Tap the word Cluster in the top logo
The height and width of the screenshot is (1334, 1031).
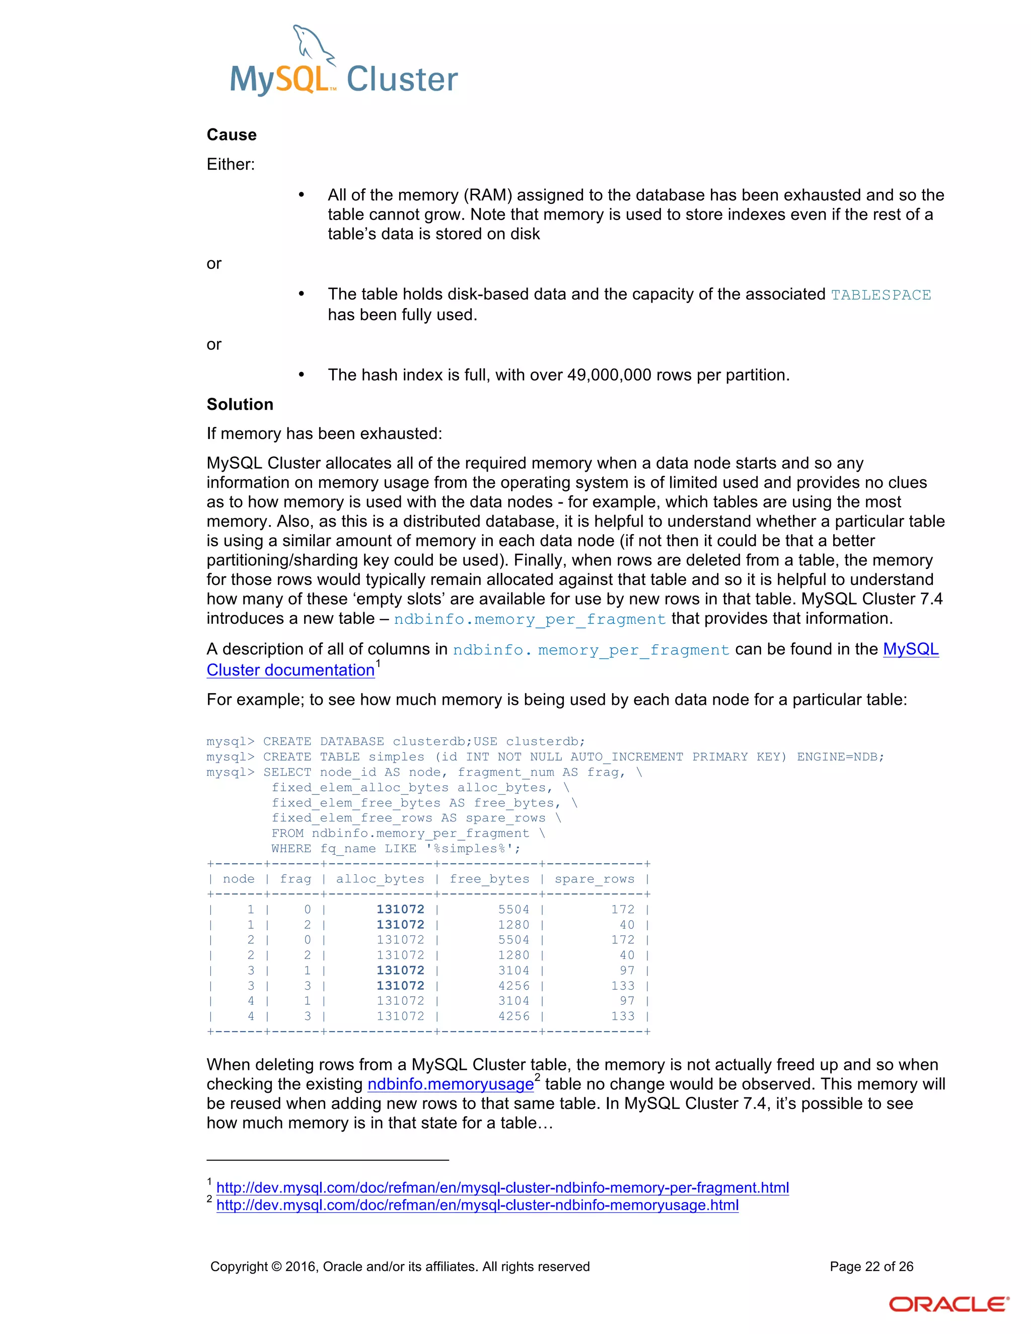402,80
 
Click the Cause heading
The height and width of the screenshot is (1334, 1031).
232,135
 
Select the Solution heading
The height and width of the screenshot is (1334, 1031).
240,404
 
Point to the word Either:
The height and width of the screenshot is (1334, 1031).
230,164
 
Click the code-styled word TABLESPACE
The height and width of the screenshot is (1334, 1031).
881,295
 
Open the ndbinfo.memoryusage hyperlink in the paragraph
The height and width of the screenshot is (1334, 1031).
450,1084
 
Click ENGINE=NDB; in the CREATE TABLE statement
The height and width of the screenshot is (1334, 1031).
840,757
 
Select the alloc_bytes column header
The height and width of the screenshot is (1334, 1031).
380,879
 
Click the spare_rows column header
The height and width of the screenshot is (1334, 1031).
595,879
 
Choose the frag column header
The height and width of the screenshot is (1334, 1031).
296,879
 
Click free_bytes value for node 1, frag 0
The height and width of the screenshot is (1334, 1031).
513,910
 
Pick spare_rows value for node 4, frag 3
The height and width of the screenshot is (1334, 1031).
623,1016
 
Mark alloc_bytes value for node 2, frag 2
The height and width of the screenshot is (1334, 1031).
400,955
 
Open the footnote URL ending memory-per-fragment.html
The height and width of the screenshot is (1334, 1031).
502,1188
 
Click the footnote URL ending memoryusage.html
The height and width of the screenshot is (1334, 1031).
477,1205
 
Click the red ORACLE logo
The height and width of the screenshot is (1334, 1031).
948,1305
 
